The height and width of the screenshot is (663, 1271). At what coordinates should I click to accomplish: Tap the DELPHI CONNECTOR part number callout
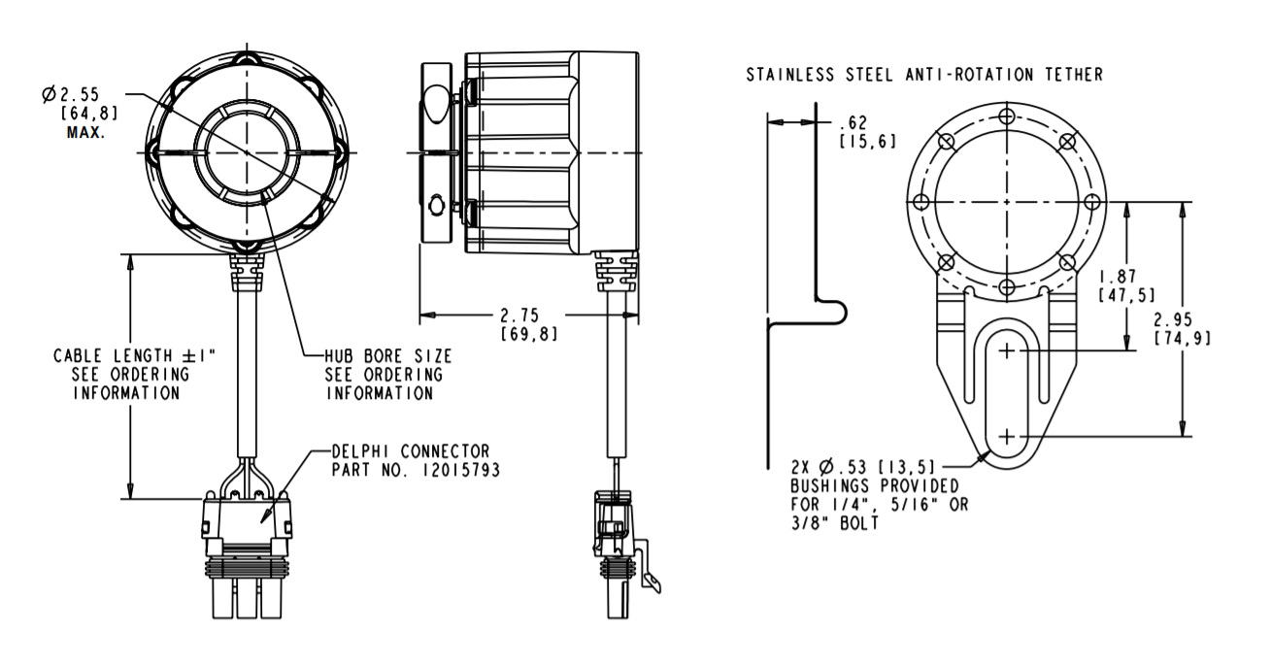click(x=409, y=460)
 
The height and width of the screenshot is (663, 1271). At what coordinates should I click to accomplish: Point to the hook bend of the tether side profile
click(x=837, y=310)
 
